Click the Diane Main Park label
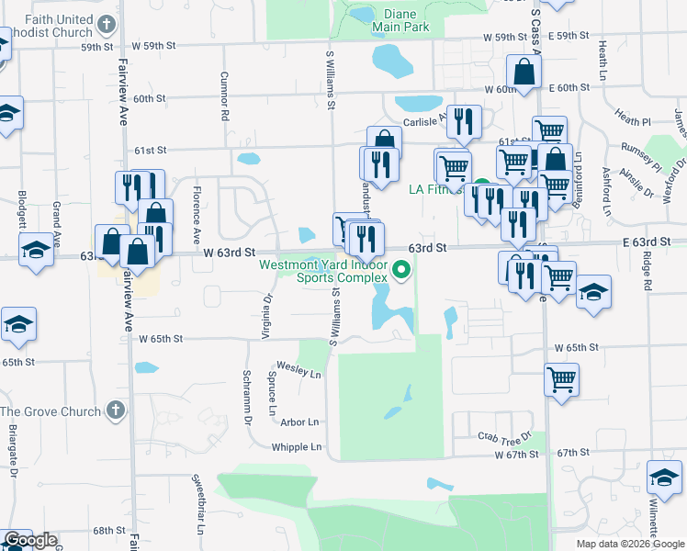click(x=401, y=21)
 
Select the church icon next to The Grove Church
click(x=112, y=411)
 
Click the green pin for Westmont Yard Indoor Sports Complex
click(x=400, y=270)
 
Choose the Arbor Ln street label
click(x=300, y=422)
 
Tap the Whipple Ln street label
click(x=298, y=447)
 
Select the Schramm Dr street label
click(x=248, y=396)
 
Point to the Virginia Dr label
click(x=267, y=314)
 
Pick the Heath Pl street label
click(x=633, y=120)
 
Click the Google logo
click(x=30, y=540)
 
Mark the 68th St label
click(x=107, y=531)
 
